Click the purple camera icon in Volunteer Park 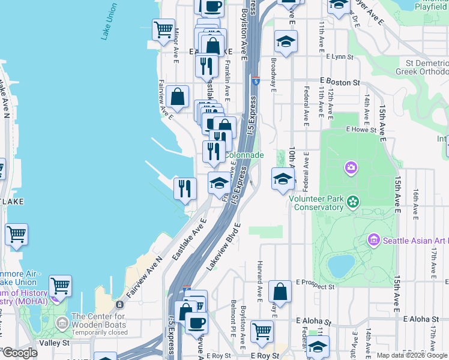coord(351,167)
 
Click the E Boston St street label coord(340,82)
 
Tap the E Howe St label coord(361,129)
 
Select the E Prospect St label coord(315,287)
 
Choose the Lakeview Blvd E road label coord(223,247)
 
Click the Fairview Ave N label coord(145,278)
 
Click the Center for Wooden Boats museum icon coord(62,324)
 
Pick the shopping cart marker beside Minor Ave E coord(163,29)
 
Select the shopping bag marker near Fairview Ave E coord(178,96)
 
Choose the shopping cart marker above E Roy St coord(262,330)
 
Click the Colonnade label coord(244,155)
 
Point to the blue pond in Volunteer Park coord(341,264)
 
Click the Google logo coord(20,353)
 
